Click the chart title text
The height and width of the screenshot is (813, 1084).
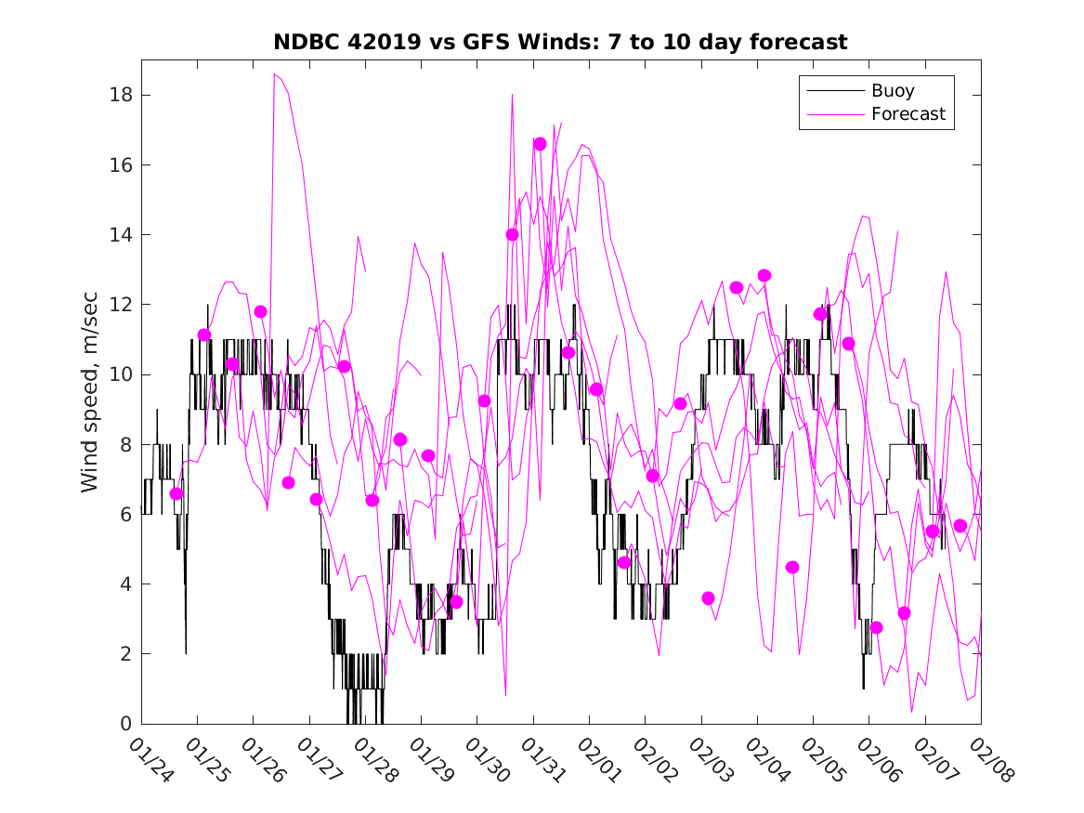coord(560,43)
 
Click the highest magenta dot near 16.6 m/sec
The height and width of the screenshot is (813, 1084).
coord(540,144)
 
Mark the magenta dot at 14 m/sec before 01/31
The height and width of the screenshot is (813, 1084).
coord(512,235)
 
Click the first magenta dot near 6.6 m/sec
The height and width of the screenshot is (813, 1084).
coord(176,493)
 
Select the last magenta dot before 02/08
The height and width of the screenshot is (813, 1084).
coord(960,526)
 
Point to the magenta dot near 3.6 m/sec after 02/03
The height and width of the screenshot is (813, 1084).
coord(708,598)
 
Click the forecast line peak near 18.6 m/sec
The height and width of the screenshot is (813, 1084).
coord(274,74)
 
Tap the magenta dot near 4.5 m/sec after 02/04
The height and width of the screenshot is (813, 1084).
coord(792,567)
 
